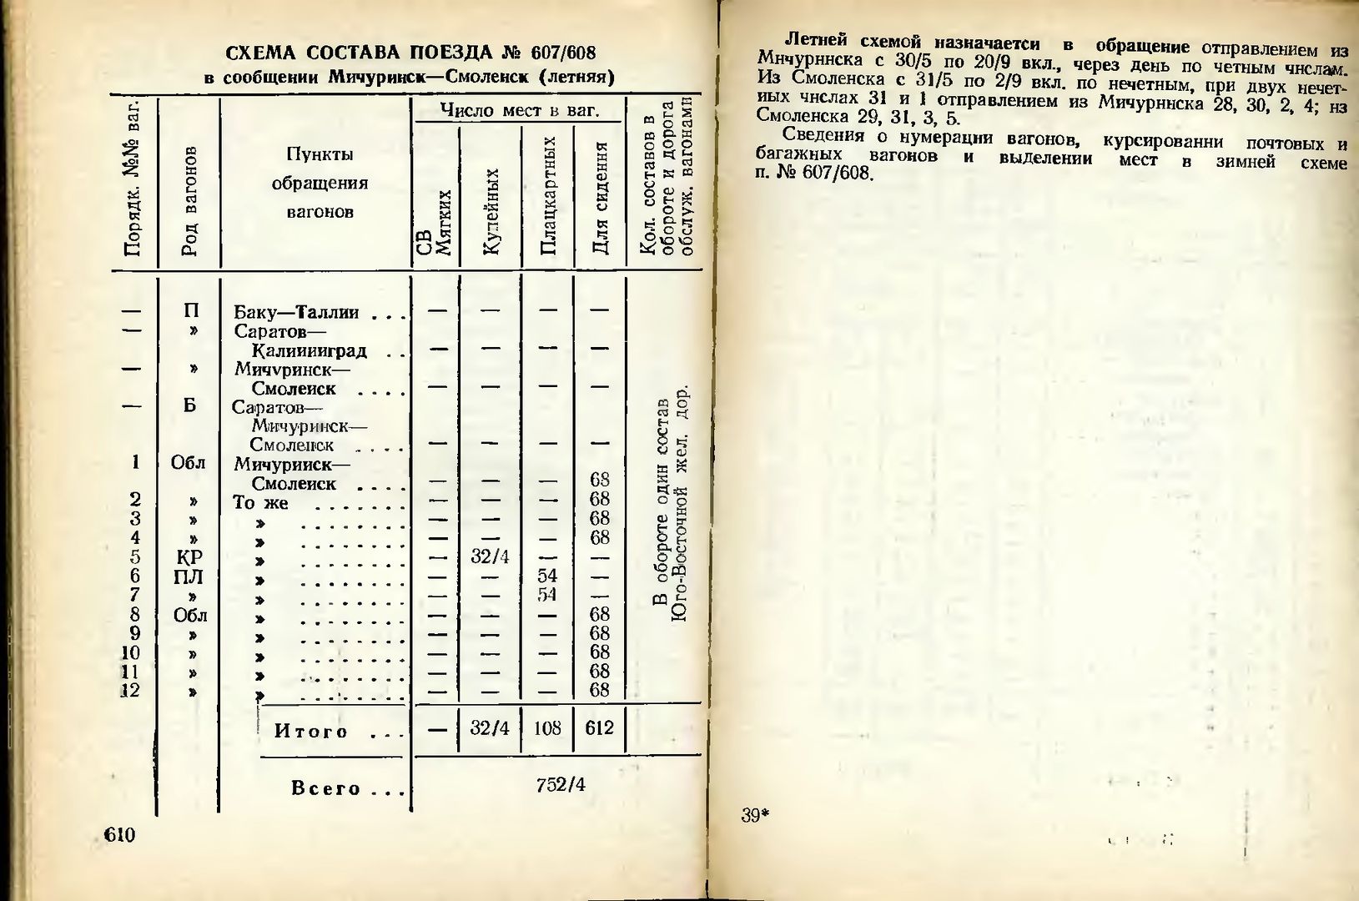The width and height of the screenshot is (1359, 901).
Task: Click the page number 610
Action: (x=119, y=836)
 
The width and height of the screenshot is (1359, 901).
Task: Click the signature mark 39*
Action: (x=753, y=816)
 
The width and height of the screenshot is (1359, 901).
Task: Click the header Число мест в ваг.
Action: (x=520, y=110)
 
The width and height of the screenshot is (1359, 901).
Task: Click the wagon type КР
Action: (x=189, y=557)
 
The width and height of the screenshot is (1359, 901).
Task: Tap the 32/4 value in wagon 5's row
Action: (x=490, y=556)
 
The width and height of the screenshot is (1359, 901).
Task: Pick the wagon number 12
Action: (x=129, y=691)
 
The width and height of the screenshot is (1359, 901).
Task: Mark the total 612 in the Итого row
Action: (x=599, y=728)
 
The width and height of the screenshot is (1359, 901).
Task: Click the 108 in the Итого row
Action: (x=547, y=728)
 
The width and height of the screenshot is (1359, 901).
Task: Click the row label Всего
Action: (x=325, y=788)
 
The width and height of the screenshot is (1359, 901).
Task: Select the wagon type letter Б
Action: (x=189, y=406)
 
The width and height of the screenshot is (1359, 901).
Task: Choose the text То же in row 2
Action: (x=260, y=503)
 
